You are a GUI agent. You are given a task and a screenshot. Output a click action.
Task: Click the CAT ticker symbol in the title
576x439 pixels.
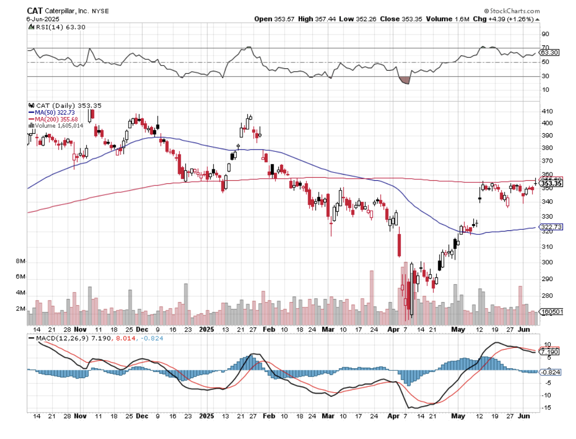pyautogui.click(x=35, y=10)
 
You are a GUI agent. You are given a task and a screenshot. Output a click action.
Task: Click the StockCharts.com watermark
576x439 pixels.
pyautogui.click(x=513, y=11)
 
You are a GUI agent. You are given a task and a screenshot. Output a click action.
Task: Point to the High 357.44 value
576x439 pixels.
pyautogui.click(x=313, y=19)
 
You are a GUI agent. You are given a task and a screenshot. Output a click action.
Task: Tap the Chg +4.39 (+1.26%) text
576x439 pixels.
pyautogui.click(x=510, y=19)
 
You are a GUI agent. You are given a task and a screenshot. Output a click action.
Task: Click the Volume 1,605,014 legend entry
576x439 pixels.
pyautogui.click(x=57, y=124)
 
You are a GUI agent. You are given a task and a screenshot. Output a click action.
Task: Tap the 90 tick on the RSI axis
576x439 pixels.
pyautogui.click(x=545, y=34)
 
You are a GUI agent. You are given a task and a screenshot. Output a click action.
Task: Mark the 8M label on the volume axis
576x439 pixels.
pyautogui.click(x=21, y=262)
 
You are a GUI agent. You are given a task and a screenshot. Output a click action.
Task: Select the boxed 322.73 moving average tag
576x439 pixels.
pyautogui.click(x=550, y=227)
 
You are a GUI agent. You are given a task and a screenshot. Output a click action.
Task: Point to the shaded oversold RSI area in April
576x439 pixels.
pyautogui.click(x=404, y=80)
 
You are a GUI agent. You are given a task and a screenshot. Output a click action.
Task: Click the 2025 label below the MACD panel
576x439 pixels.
pyautogui.click(x=206, y=415)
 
